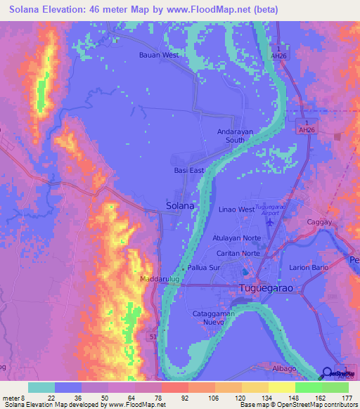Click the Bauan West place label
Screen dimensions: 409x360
[x=159, y=54]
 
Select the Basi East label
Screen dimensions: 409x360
[x=188, y=170]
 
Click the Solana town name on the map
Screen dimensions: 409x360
[x=180, y=206]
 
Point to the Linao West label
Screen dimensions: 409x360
[x=236, y=209]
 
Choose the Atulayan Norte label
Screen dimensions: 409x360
[x=237, y=238]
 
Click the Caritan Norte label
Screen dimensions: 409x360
[x=236, y=253]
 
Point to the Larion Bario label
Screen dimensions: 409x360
[x=309, y=268]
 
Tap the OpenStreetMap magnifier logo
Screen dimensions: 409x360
[x=327, y=373]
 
